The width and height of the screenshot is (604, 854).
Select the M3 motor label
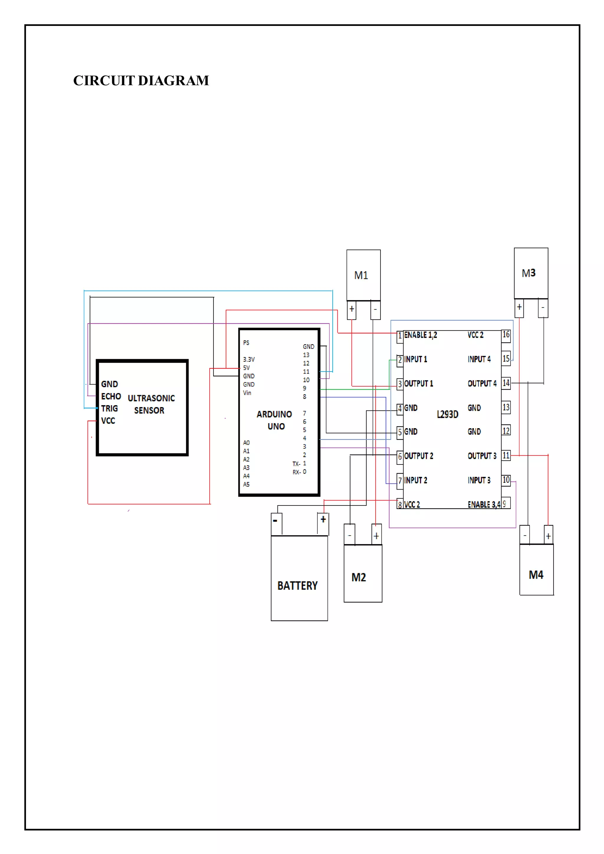528,273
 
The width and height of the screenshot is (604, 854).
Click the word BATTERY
298,586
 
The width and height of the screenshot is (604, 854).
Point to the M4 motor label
536,575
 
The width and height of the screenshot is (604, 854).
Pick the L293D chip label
447,414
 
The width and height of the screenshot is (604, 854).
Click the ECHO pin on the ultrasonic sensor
111,397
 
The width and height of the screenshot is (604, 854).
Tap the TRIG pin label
109,409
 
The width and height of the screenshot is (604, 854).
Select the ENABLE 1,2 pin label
421,335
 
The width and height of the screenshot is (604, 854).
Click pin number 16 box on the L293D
506,335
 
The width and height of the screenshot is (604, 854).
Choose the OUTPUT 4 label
482,383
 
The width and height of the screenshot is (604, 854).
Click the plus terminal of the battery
323,519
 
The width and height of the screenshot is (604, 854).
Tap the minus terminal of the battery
275,521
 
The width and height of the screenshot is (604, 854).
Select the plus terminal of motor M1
352,309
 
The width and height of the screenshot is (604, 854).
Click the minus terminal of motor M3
543,308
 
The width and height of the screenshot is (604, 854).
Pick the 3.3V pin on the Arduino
249,359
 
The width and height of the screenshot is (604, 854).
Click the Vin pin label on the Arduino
247,393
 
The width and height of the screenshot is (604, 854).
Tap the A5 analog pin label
246,484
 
